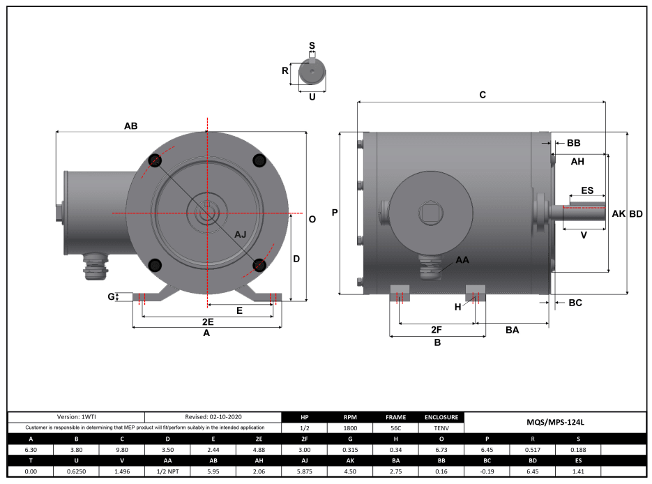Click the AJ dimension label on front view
click(241, 234)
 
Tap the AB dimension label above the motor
click(130, 126)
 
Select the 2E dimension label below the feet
click(207, 322)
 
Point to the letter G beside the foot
click(111, 297)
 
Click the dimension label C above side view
click(482, 94)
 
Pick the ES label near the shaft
click(587, 190)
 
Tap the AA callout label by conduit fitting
click(462, 259)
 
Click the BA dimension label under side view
click(512, 330)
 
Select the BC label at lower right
click(575, 303)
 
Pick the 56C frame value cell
click(395, 428)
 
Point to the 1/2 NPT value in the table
click(167, 471)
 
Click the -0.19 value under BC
click(486, 471)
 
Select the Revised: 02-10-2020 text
click(213, 416)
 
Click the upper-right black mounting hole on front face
click(259, 161)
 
